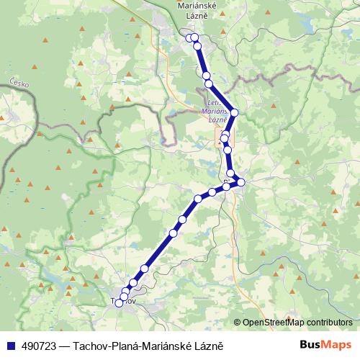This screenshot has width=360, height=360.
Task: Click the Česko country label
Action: point(19,84)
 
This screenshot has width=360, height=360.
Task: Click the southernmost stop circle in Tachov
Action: point(119,303)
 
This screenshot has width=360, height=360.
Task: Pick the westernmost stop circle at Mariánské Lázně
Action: point(189,37)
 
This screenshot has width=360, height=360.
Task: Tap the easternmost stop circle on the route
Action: point(241,182)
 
